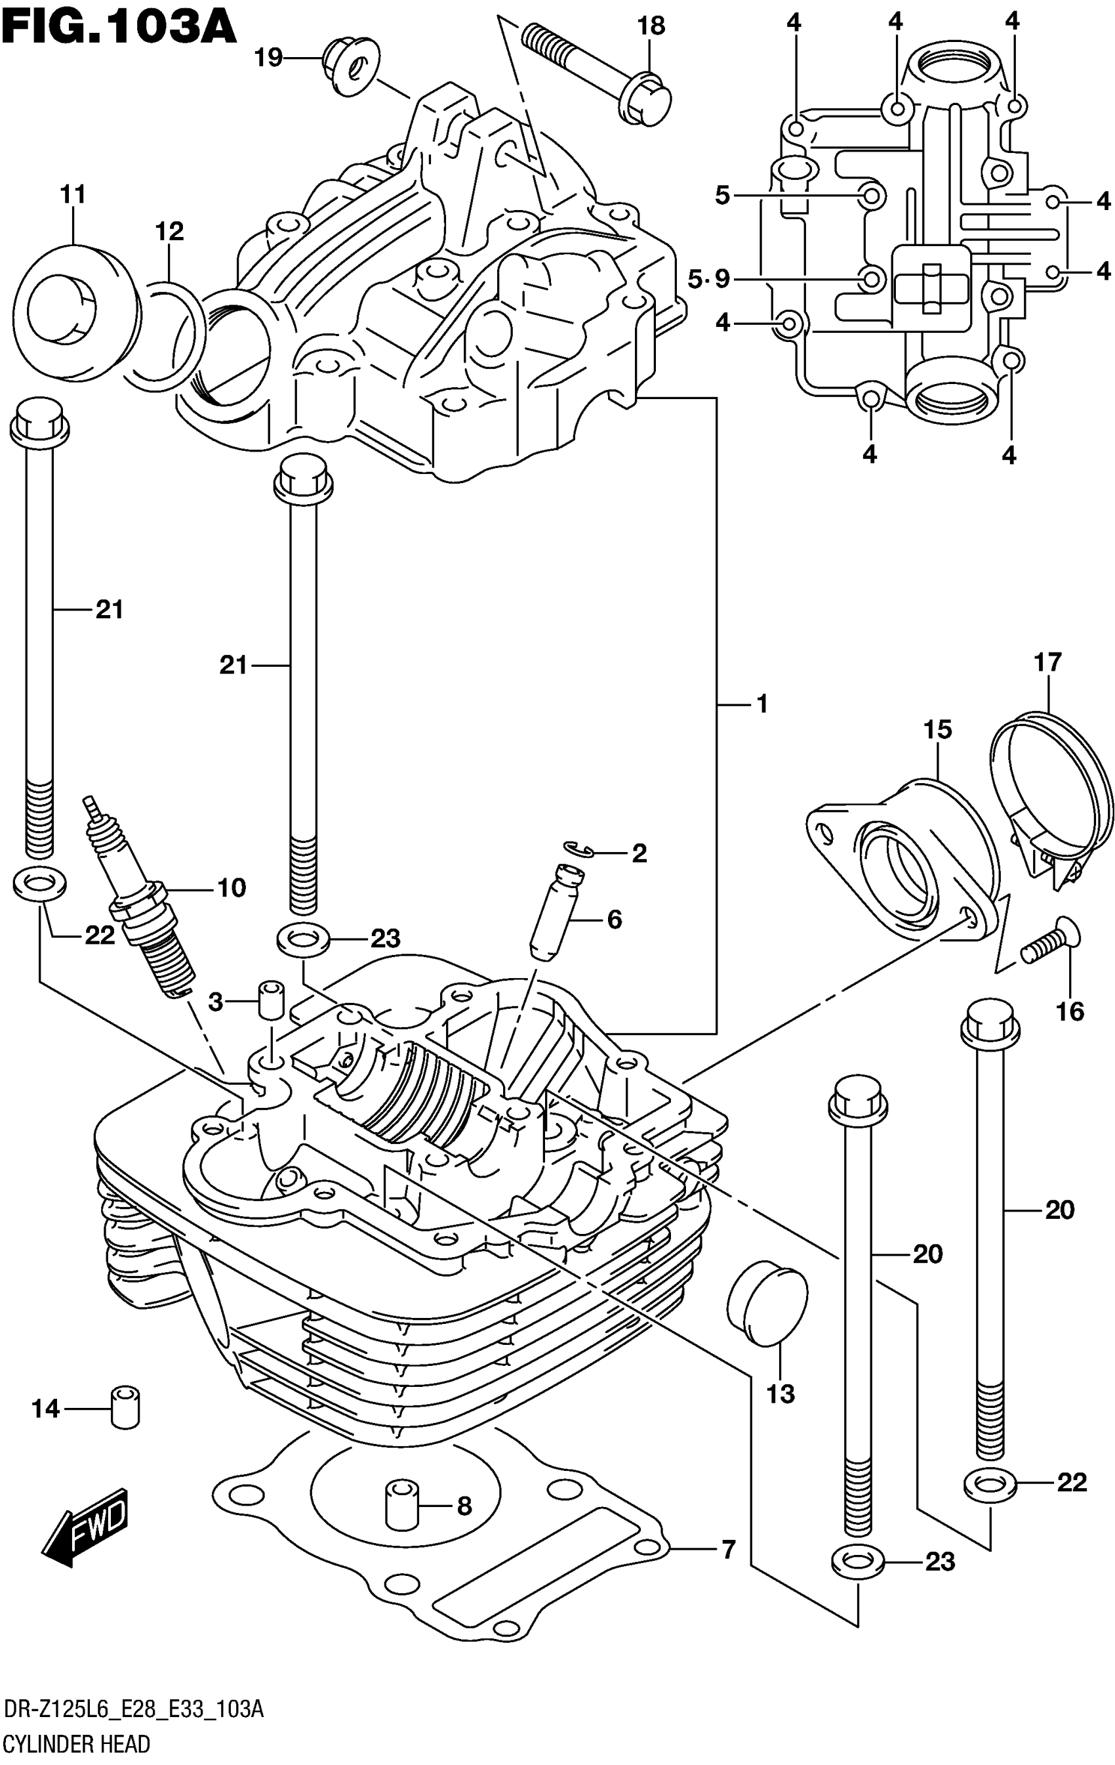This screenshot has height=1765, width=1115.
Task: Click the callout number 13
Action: (780, 1393)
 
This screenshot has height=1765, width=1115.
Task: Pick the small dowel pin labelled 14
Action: (125, 1407)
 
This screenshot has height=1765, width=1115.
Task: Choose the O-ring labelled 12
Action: (168, 333)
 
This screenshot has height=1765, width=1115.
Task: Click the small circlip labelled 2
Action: (578, 849)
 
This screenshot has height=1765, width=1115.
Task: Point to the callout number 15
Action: (937, 730)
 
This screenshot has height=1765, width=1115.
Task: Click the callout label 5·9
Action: (708, 279)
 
